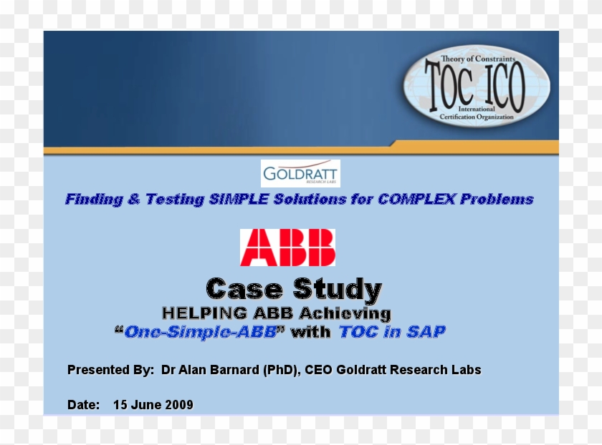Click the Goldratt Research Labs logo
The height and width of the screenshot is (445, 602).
pyautogui.click(x=300, y=174)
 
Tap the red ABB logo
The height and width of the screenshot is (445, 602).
pyautogui.click(x=287, y=248)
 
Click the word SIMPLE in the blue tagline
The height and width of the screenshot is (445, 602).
pyautogui.click(x=239, y=200)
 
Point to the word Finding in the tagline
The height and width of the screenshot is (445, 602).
pyautogui.click(x=94, y=200)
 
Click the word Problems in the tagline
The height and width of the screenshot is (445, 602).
pyautogui.click(x=497, y=200)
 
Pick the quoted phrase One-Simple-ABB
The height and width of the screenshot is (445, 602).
pyautogui.click(x=200, y=332)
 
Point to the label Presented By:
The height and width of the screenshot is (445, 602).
pyautogui.click(x=110, y=370)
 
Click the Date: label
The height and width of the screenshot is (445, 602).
pyautogui.click(x=84, y=405)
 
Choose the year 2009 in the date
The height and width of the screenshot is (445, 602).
pyautogui.click(x=179, y=405)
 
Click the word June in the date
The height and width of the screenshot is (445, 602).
pyautogui.click(x=147, y=405)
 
